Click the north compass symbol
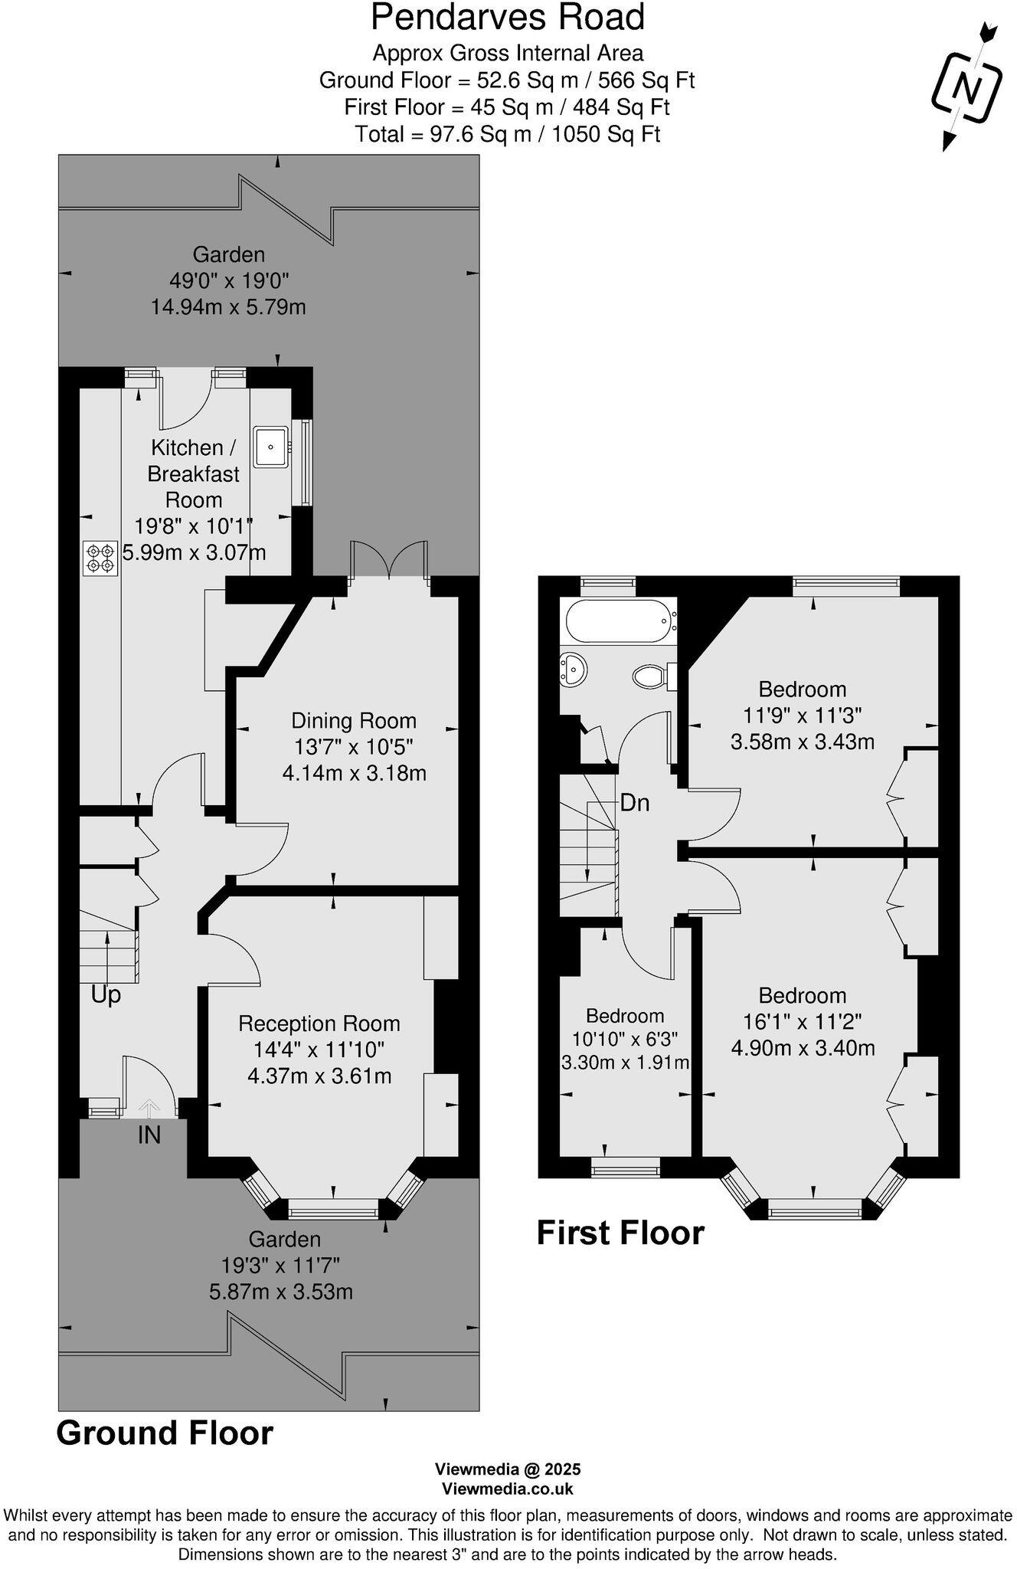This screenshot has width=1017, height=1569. pyautogui.click(x=966, y=88)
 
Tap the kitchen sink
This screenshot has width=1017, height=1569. pyautogui.click(x=271, y=445)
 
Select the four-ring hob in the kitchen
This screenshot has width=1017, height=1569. pyautogui.click(x=100, y=558)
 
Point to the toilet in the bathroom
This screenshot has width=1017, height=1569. pyautogui.click(x=650, y=676)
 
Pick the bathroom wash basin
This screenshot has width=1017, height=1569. pyautogui.click(x=573, y=669)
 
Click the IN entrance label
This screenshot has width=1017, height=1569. pyautogui.click(x=149, y=1135)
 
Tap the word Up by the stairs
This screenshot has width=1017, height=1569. pyautogui.click(x=106, y=995)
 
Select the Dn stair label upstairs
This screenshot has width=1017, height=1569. pyautogui.click(x=634, y=803)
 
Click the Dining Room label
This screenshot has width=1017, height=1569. pyautogui.click(x=354, y=721)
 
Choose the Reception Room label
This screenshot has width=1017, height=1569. pyautogui.click(x=319, y=1024)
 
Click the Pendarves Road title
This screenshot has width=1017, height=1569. pyautogui.click(x=508, y=18)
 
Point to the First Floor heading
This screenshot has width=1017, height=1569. pyautogui.click(x=620, y=1233)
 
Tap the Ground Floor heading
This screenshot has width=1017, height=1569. pyautogui.click(x=165, y=1433)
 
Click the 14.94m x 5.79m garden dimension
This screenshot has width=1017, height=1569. pyautogui.click(x=228, y=307)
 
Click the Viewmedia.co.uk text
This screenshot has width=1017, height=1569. pyautogui.click(x=508, y=1489)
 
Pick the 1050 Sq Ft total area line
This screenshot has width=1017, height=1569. pyautogui.click(x=508, y=135)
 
